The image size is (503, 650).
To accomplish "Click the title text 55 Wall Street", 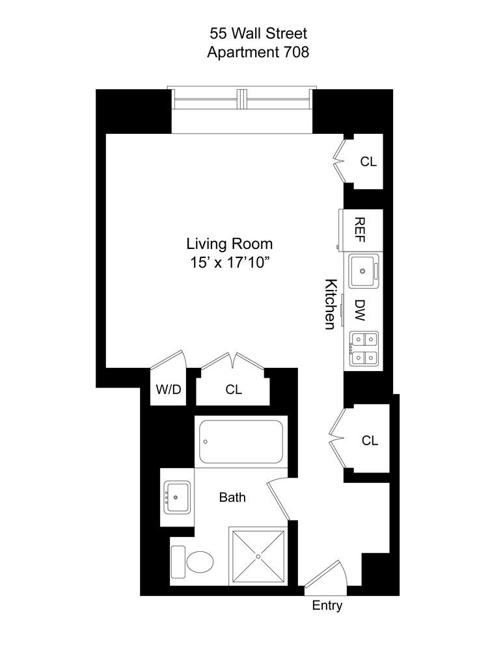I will [x=258, y=32].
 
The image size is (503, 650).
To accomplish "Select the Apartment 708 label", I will [x=258, y=52].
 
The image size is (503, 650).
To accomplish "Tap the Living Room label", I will [x=229, y=244].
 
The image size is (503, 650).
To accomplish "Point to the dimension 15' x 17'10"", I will [x=229, y=263].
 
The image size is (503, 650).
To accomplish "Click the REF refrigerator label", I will [x=359, y=230].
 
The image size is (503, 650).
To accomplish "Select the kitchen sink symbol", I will [x=363, y=270].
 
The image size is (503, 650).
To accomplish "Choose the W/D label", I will [x=167, y=390].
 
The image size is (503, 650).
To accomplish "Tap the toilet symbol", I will [x=193, y=561].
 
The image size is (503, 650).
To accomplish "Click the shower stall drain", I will [x=258, y=556].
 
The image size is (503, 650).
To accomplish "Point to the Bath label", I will [x=232, y=498].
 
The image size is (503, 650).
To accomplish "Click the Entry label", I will [x=327, y=606].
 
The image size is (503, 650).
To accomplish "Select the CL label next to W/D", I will [x=234, y=390].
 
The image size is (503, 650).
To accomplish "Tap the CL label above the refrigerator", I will [x=368, y=161].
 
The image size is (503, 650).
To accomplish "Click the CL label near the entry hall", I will [x=370, y=441].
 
